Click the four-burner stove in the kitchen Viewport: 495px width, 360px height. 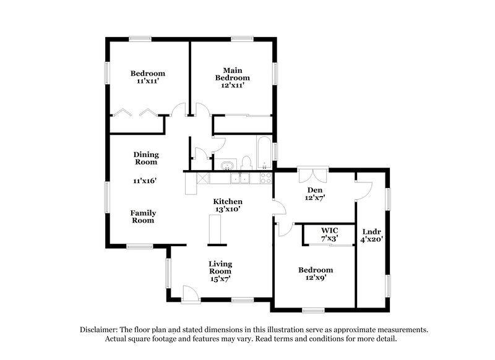pos(265,178)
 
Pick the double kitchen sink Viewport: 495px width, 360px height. pos(240,178)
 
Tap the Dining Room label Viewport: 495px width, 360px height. pos(146,158)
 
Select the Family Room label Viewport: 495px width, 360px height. pos(143,216)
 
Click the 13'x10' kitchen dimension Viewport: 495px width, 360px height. pos(228,210)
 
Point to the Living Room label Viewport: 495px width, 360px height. pos(220,267)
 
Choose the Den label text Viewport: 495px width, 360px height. pos(315,190)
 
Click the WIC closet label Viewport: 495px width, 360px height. pos(329,229)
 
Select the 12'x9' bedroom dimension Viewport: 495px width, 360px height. pos(316,278)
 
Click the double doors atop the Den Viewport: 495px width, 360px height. pos(310,174)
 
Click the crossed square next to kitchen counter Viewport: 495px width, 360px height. pos(202,178)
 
